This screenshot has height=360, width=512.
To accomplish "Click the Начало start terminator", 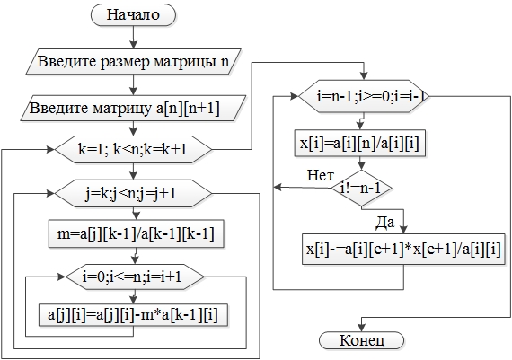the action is tap(133, 15).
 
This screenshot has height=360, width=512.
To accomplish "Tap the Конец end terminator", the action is tap(361, 340).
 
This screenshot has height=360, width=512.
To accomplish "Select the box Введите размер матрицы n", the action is tap(133, 62).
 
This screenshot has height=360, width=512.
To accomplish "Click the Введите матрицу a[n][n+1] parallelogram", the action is tap(133, 108).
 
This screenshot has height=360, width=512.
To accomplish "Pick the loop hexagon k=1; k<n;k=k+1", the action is tap(133, 150).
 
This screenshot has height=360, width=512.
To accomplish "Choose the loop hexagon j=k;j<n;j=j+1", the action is tap(133, 194).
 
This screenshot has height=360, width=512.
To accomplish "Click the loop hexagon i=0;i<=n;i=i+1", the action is tap(135, 277).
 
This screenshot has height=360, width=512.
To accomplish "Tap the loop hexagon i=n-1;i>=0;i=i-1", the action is tap(363, 96).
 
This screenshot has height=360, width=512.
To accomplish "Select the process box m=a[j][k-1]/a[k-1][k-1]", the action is tap(137, 233).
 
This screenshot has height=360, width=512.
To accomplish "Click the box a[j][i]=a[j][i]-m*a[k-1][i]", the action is tap(133, 315).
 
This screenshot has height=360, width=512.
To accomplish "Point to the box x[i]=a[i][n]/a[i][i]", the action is tap(360, 143).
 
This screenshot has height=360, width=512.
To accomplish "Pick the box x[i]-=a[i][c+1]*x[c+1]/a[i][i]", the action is tap(403, 250).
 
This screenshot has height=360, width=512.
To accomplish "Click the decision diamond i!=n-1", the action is tap(361, 189).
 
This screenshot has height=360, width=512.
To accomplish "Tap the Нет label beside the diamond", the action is tap(321, 176).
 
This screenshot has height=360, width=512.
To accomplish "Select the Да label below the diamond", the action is tap(385, 223).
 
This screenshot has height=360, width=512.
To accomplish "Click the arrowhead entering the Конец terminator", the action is tap(361, 328).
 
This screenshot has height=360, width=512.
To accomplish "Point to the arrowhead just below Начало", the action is tap(133, 45).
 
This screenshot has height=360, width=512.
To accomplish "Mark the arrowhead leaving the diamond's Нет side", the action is tap(278, 188).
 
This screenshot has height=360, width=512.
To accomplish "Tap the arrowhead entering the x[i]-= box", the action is tap(403, 230).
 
